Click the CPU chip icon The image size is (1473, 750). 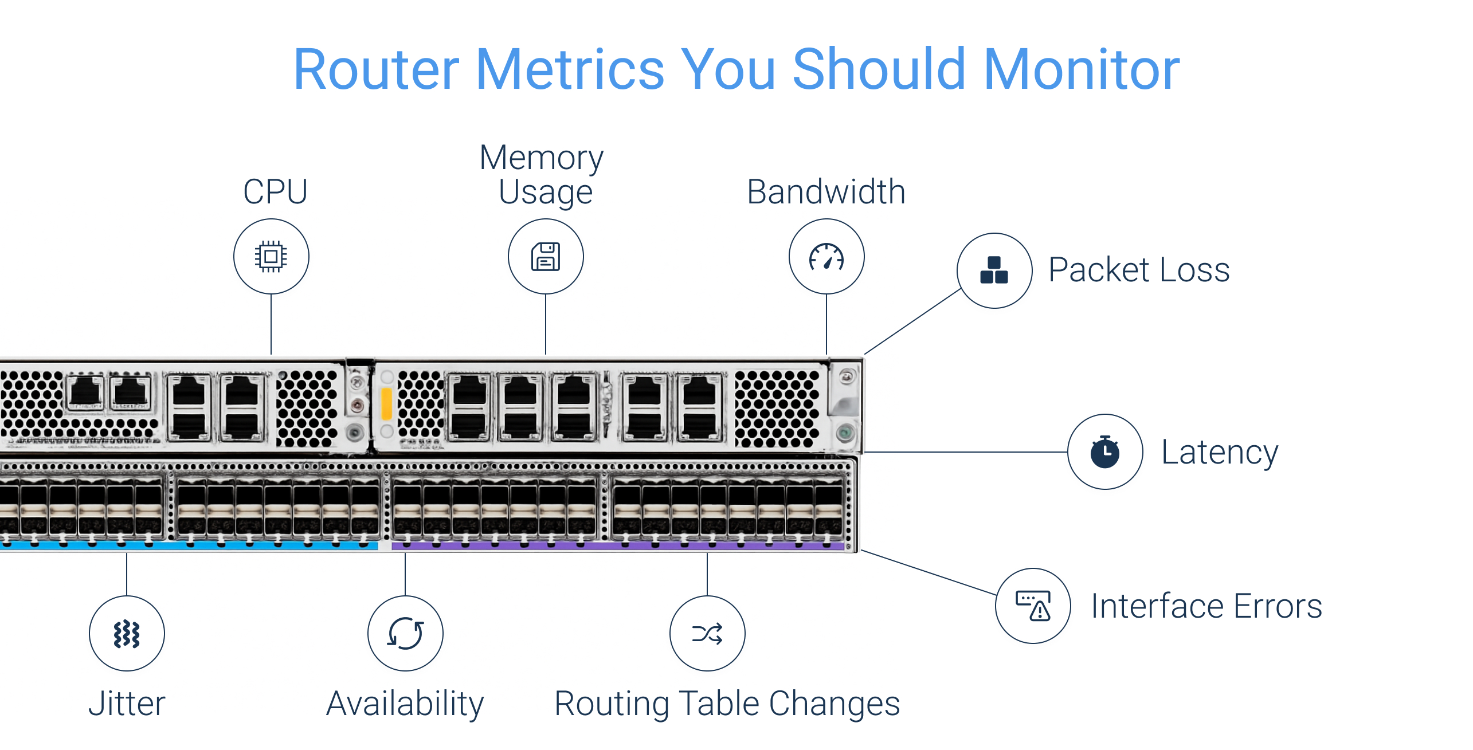pyautogui.click(x=271, y=256)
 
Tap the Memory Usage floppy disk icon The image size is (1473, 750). pyautogui.click(x=546, y=256)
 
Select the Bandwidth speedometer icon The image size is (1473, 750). pyautogui.click(x=826, y=256)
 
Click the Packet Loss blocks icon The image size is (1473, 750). pyautogui.click(x=994, y=270)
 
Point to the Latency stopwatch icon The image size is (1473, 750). pyautogui.click(x=1104, y=452)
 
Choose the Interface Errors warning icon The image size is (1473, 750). pyautogui.click(x=1033, y=606)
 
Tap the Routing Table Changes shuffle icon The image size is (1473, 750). pyautogui.click(x=707, y=634)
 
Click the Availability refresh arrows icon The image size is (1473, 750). pyautogui.click(x=405, y=634)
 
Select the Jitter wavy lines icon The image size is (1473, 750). pyautogui.click(x=127, y=634)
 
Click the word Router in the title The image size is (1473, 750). pyautogui.click(x=376, y=70)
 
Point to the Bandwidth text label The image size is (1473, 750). pyautogui.click(x=826, y=191)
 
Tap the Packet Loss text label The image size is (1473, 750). pyautogui.click(x=1139, y=270)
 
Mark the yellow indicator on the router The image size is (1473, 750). pyautogui.click(x=386, y=403)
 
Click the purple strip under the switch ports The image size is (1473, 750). pyautogui.click(x=619, y=547)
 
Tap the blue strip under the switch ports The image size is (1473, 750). pyautogui.click(x=189, y=546)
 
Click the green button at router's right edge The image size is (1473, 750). pyautogui.click(x=845, y=433)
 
